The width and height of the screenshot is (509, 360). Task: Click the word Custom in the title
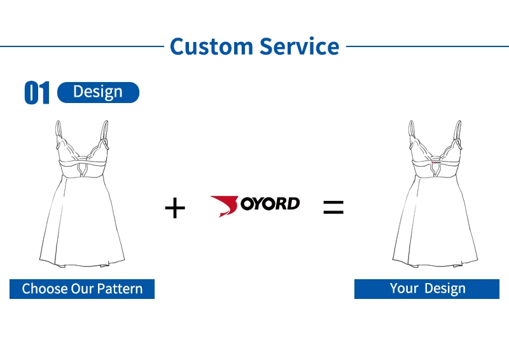211,46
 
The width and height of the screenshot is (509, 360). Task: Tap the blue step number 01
37,93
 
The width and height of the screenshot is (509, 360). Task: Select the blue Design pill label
98,92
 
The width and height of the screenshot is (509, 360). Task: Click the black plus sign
174,208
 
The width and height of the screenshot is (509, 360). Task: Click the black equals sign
333,207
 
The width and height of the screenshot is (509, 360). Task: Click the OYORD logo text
270,204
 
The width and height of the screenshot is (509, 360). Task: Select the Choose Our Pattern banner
82,289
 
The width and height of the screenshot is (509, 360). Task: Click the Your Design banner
427,289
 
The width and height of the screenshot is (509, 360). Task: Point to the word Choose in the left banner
43,289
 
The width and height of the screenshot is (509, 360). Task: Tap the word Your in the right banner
404,289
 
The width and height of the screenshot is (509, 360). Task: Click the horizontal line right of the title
427,46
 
